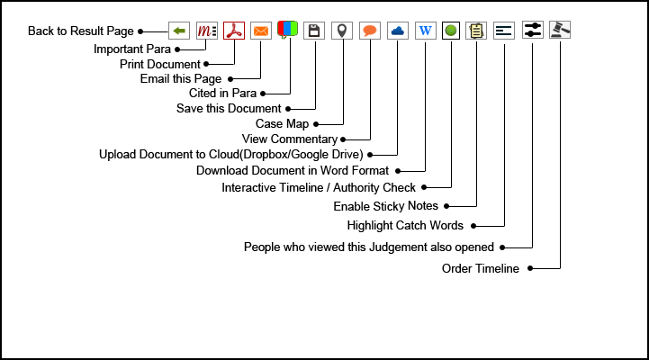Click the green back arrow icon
[x=179, y=31]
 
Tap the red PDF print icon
[x=234, y=31]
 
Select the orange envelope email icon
[x=261, y=31]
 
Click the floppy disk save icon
[x=314, y=31]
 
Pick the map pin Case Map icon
[x=341, y=31]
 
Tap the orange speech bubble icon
[x=369, y=31]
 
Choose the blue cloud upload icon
[x=397, y=31]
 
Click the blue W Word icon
[x=425, y=31]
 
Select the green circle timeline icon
[x=451, y=31]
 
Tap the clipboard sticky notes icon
[x=476, y=31]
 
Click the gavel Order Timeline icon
[x=560, y=31]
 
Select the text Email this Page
[x=181, y=79]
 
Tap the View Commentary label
[x=290, y=139]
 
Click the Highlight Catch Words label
[x=405, y=225]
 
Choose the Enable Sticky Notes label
[x=386, y=206]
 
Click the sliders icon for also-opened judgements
[x=533, y=31]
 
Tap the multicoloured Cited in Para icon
[x=288, y=31]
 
